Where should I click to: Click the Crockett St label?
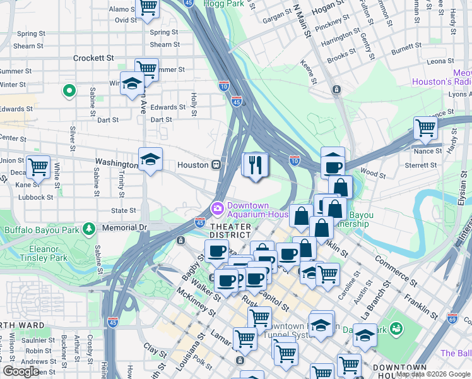93,57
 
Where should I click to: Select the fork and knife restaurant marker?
256,165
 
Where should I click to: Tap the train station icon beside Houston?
216,165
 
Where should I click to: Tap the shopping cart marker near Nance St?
425,128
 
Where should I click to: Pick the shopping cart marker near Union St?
38,167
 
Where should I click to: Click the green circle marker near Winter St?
69,92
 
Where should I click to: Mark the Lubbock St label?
35,197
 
